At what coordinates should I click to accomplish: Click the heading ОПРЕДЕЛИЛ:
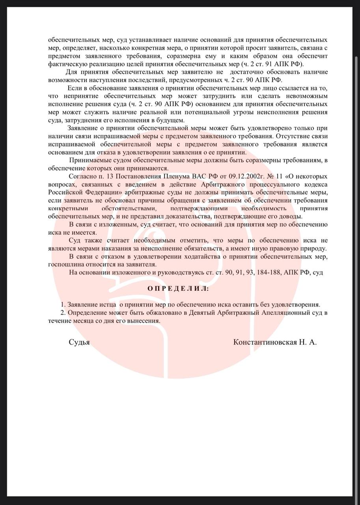(179, 288)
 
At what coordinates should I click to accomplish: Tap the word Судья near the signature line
(79, 342)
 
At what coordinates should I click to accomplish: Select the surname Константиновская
(265, 342)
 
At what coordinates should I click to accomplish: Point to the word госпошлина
(65, 264)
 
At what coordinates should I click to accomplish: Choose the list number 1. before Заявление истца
(63, 305)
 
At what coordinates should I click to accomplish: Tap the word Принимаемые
(89, 159)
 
